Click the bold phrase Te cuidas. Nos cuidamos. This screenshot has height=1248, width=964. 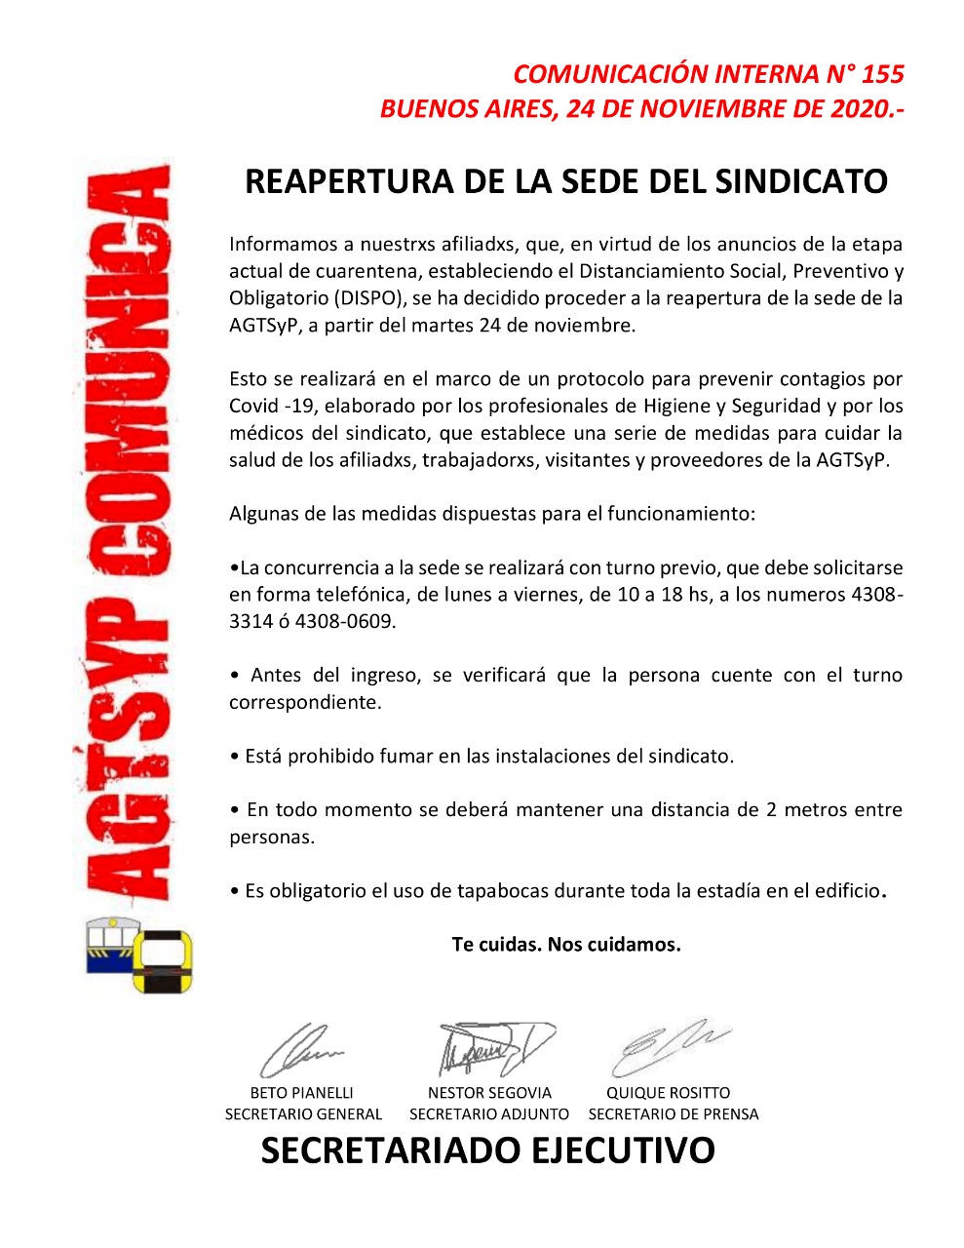[566, 944]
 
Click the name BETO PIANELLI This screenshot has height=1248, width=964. [302, 1093]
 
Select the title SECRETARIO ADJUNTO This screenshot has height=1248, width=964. [489, 1113]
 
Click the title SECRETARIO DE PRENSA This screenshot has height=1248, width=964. [674, 1113]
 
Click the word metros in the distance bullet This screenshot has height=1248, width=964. [814, 809]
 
